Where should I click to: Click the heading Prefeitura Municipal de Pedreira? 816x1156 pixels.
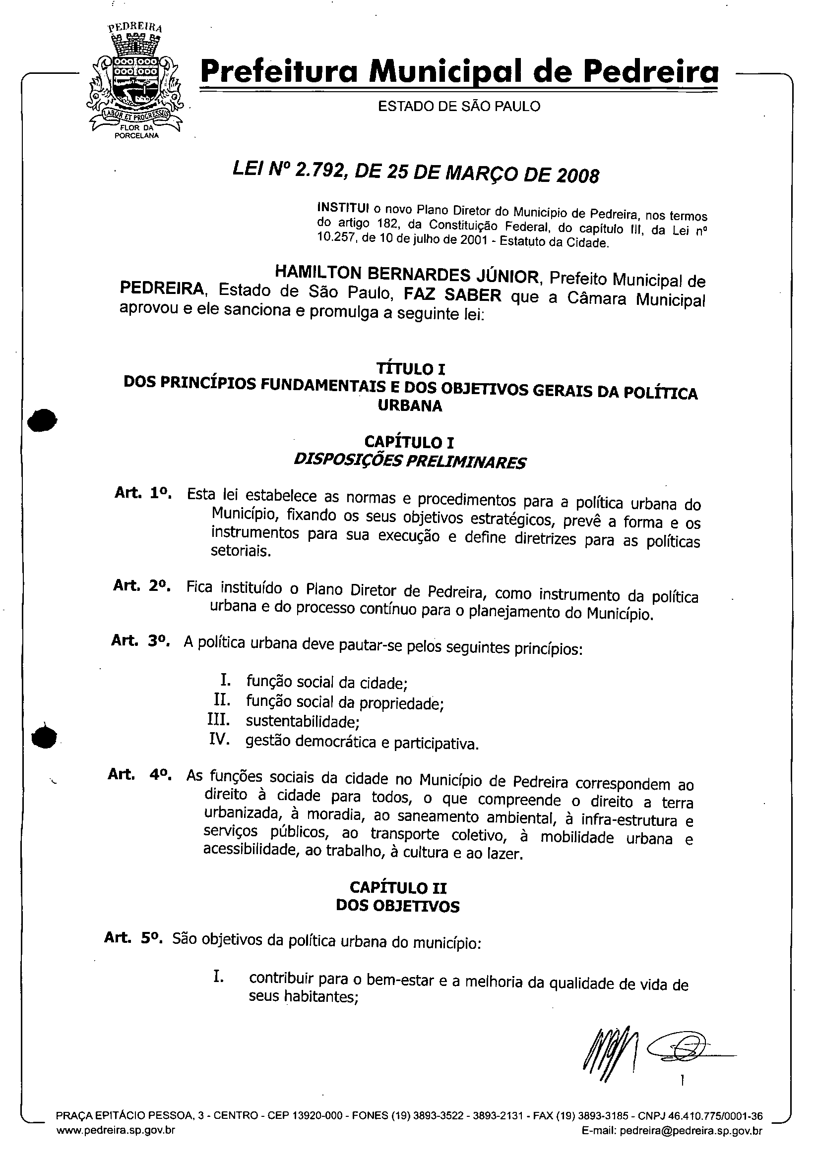click(459, 72)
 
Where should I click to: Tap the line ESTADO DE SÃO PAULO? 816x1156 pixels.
click(459, 106)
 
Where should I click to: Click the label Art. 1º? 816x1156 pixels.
click(143, 493)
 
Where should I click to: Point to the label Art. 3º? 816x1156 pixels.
click(140, 640)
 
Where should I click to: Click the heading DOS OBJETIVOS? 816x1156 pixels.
click(397, 906)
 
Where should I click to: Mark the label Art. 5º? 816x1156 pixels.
click(133, 937)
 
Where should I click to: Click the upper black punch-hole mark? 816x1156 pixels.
click(42, 420)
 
